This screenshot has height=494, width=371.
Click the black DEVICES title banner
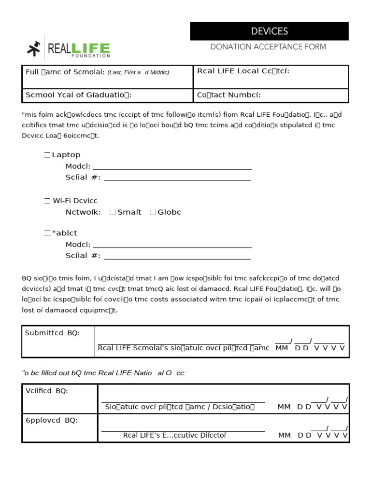tap(269, 31)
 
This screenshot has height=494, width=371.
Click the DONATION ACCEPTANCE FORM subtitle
tap(268, 47)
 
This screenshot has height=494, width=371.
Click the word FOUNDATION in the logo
tap(78, 56)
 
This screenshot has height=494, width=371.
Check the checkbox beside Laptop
tap(47, 155)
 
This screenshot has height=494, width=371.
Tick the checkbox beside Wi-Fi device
tap(47, 201)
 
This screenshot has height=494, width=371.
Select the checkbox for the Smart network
tap(113, 212)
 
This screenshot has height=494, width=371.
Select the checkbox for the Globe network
tap(153, 212)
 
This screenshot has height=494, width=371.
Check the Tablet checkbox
tap(47, 233)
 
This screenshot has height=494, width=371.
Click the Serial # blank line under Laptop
tap(177, 179)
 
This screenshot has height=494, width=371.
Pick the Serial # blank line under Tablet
tap(177, 258)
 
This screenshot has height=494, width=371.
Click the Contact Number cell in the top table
tap(271, 95)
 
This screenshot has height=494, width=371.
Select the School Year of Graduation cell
tap(107, 95)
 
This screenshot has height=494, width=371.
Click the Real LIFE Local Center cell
tap(271, 77)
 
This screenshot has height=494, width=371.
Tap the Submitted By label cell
tap(58, 341)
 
